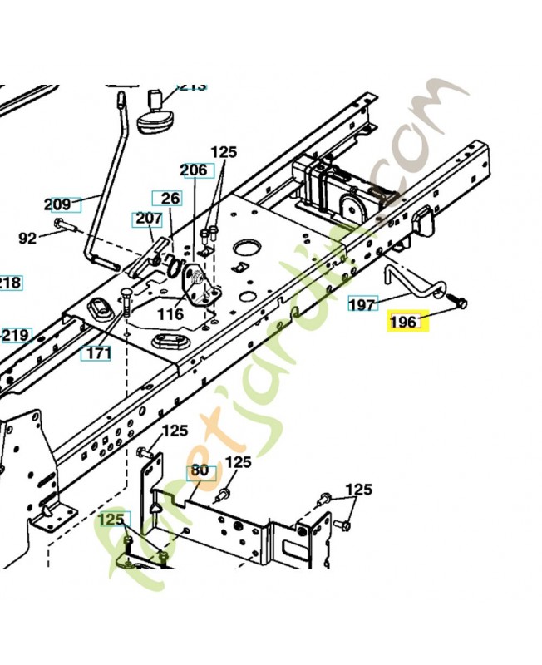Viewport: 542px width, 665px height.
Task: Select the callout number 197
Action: click(362, 304)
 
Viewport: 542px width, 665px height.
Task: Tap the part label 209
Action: click(57, 203)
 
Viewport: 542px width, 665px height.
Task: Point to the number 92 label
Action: click(27, 239)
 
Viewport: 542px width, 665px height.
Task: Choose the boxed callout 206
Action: click(194, 170)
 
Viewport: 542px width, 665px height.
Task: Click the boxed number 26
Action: click(170, 198)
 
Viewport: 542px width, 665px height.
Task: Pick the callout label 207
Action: click(148, 219)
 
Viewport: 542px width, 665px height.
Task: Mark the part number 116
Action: click(170, 313)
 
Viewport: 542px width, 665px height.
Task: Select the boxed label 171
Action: click(99, 353)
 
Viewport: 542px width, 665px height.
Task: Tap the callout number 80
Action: click(200, 470)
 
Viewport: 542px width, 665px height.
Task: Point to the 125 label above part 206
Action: click(224, 152)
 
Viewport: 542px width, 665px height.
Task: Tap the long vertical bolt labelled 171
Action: click(126, 303)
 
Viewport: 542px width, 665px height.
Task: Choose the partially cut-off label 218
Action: click(9, 283)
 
